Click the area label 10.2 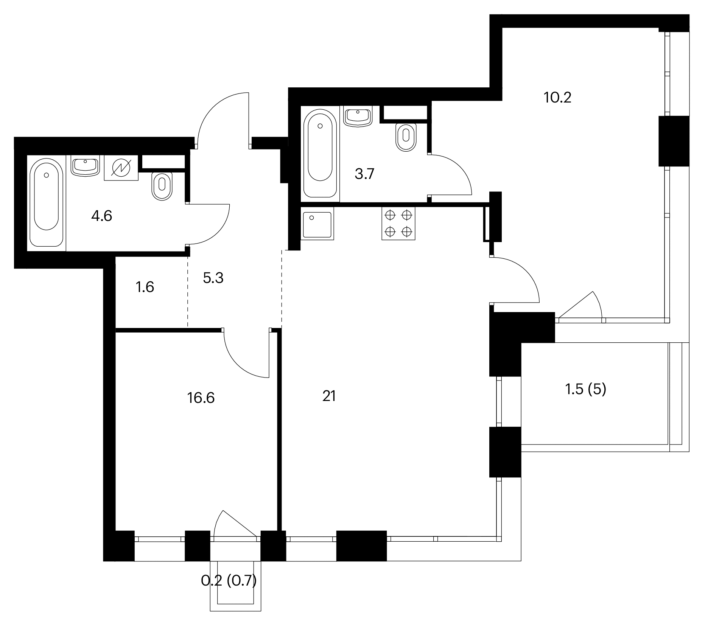(557, 98)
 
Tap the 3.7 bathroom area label (364, 174)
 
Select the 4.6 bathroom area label (102, 216)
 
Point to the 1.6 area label (145, 287)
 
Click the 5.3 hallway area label (213, 278)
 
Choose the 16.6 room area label (201, 398)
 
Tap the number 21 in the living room (329, 396)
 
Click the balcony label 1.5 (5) (586, 389)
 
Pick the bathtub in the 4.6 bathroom (46, 203)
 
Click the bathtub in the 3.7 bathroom (320, 154)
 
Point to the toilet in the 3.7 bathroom (406, 137)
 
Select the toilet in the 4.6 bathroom (162, 186)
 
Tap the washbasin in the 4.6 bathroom (85, 166)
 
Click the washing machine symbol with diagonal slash (121, 167)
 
